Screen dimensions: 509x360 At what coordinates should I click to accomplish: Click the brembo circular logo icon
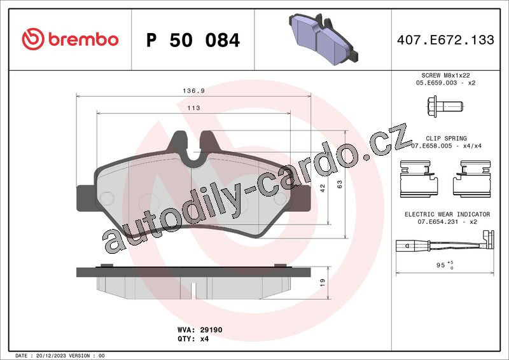click(x=33, y=39)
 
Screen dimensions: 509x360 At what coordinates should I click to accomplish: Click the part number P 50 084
click(x=193, y=40)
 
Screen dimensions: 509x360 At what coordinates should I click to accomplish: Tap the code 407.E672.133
click(x=445, y=39)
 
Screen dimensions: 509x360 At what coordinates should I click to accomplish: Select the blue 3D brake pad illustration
click(x=323, y=39)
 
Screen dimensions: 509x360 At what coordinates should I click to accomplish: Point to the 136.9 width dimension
click(x=194, y=91)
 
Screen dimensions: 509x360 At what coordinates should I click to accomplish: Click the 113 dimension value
click(x=194, y=107)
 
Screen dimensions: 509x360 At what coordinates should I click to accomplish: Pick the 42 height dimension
click(x=323, y=188)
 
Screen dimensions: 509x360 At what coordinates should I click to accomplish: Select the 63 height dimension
click(x=340, y=184)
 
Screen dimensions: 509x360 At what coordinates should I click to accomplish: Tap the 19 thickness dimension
click(x=323, y=282)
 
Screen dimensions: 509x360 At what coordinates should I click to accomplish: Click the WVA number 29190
click(x=211, y=330)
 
